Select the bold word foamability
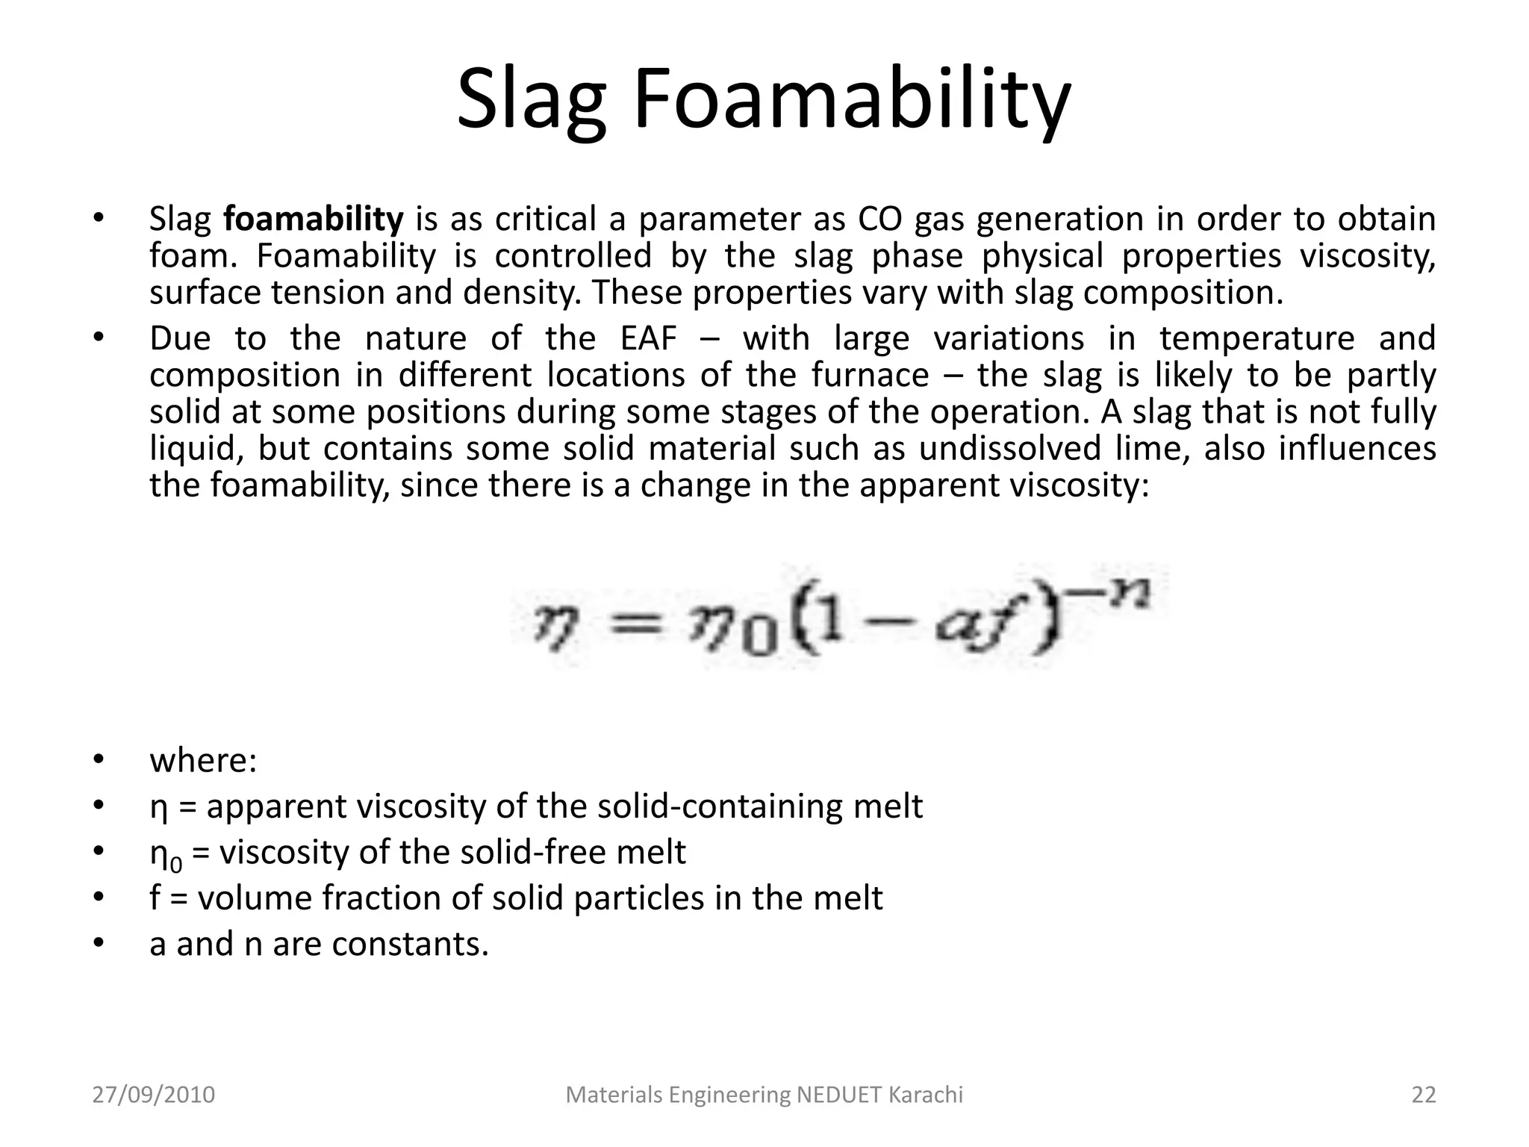(x=314, y=220)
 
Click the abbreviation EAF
(x=649, y=338)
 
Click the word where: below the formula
(x=203, y=761)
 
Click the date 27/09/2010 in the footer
(x=154, y=1095)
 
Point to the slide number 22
(x=1423, y=1095)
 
